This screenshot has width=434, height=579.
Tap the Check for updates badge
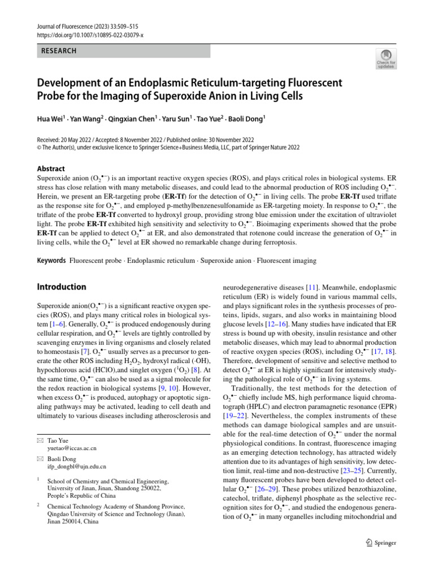click(386, 59)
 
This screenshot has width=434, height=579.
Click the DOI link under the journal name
click(90, 35)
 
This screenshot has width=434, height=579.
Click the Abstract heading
click(51, 168)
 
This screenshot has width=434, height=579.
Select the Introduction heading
click(62, 287)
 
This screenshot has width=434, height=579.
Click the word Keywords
click(51, 261)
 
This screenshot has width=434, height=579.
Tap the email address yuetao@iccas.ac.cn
click(72, 447)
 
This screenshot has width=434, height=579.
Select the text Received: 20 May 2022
click(70, 140)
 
